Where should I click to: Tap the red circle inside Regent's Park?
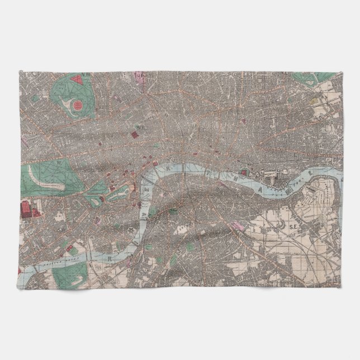pyautogui.click(x=78, y=105)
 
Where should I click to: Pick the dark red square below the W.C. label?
pyautogui.click(x=135, y=135)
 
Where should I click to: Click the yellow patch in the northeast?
pyautogui.click(x=314, y=102)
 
